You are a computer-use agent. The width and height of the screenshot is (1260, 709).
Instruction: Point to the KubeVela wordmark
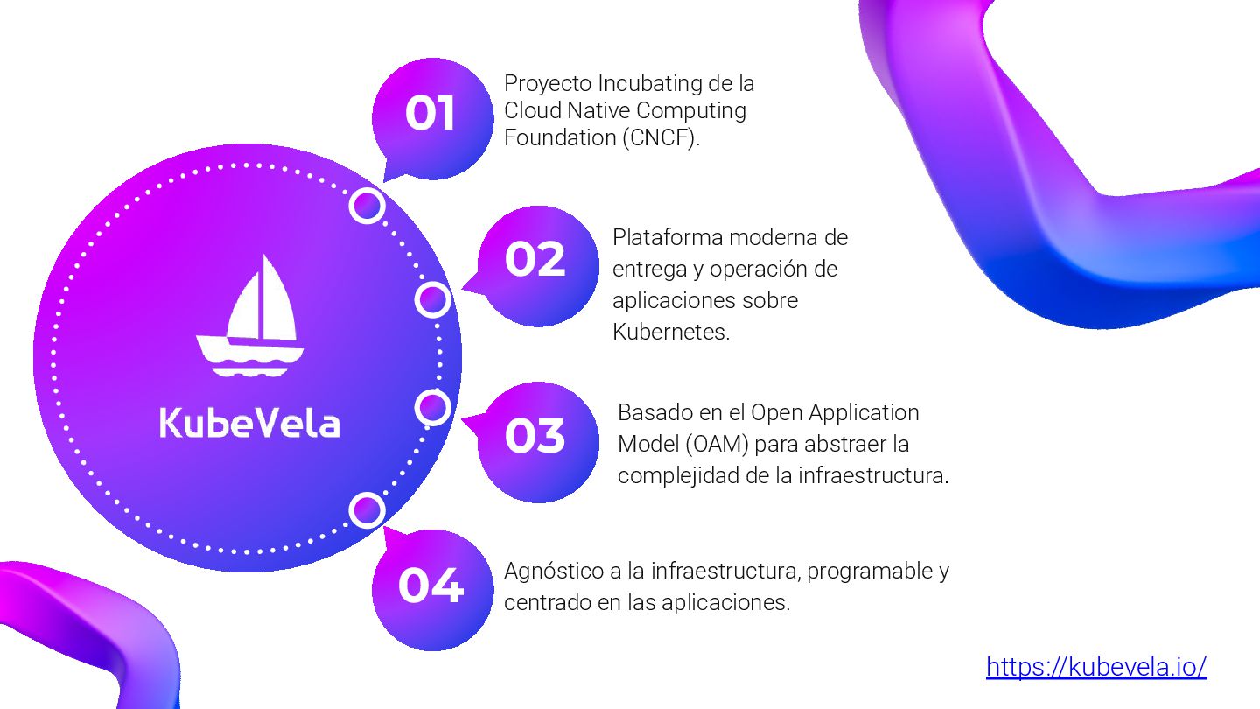pos(249,422)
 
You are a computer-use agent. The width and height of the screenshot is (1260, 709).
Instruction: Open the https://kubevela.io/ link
pos(1096,667)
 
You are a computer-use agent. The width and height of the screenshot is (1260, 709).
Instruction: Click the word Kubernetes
pos(670,332)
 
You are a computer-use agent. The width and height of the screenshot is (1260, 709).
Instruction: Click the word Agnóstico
pos(556,572)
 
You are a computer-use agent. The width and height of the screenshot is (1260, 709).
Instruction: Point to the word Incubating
pos(654,84)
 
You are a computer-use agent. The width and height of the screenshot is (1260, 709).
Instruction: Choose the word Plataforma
pos(668,237)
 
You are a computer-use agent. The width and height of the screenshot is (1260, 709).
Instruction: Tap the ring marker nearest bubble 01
pos(367,206)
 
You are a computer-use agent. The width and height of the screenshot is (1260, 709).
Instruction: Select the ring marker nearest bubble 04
pos(367,510)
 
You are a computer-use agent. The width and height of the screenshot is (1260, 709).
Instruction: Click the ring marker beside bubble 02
pos(432,300)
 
